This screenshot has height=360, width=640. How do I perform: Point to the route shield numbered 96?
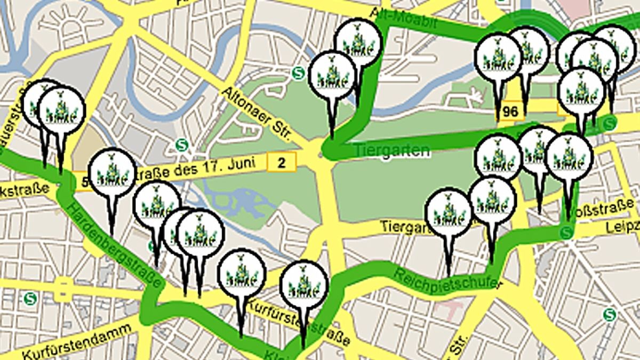pyautogui.click(x=510, y=111)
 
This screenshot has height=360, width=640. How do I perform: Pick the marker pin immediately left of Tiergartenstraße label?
pyautogui.click(x=449, y=211)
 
